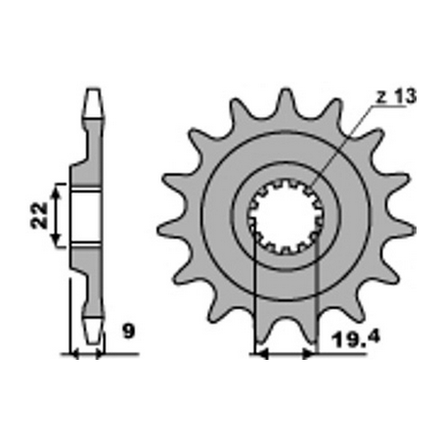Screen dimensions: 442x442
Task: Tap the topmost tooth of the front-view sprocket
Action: click(286, 99)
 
